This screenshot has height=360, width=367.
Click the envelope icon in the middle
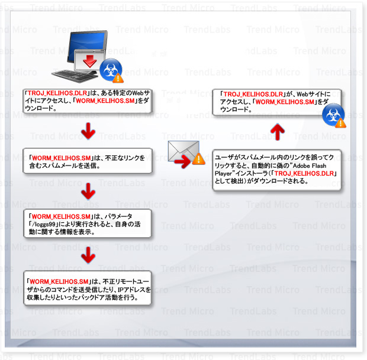coord(180,152)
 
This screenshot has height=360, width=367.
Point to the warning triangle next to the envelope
coord(199,158)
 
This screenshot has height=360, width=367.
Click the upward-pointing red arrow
coord(278,132)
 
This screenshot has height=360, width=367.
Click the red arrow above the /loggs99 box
coord(88,190)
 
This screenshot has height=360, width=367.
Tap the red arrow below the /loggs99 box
coord(88,254)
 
